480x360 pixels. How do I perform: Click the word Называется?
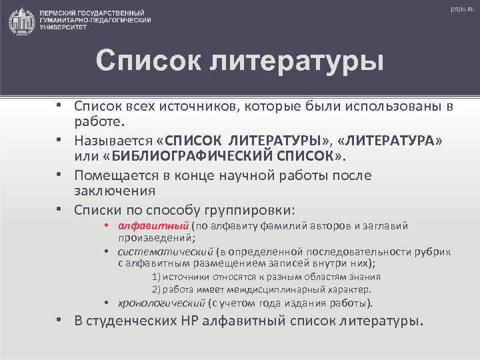click(x=115, y=141)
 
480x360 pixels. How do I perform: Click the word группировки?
click(x=244, y=211)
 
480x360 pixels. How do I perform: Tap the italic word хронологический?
click(x=162, y=302)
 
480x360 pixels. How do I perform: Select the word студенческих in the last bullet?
click(x=133, y=321)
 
